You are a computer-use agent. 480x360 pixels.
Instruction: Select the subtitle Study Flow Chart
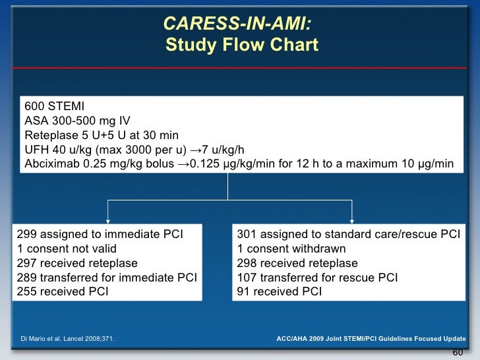pyautogui.click(x=241, y=45)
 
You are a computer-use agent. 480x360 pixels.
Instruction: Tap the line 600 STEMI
pyautogui.click(x=54, y=107)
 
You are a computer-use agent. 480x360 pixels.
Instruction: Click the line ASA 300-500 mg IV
pyautogui.click(x=77, y=121)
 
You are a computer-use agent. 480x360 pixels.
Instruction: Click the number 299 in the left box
pyautogui.click(x=26, y=234)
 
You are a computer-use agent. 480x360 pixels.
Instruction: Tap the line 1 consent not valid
pyautogui.click(x=67, y=249)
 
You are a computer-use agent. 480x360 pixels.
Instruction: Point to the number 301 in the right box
pyautogui.click(x=247, y=234)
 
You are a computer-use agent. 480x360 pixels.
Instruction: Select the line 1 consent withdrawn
pyautogui.click(x=291, y=249)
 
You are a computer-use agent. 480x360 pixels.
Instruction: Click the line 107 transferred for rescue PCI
pyautogui.click(x=317, y=277)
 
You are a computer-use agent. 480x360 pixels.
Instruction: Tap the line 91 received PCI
pyautogui.click(x=279, y=291)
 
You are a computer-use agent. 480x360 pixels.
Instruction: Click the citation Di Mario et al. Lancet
pyautogui.click(x=65, y=338)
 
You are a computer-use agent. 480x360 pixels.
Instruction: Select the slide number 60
pyautogui.click(x=458, y=351)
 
